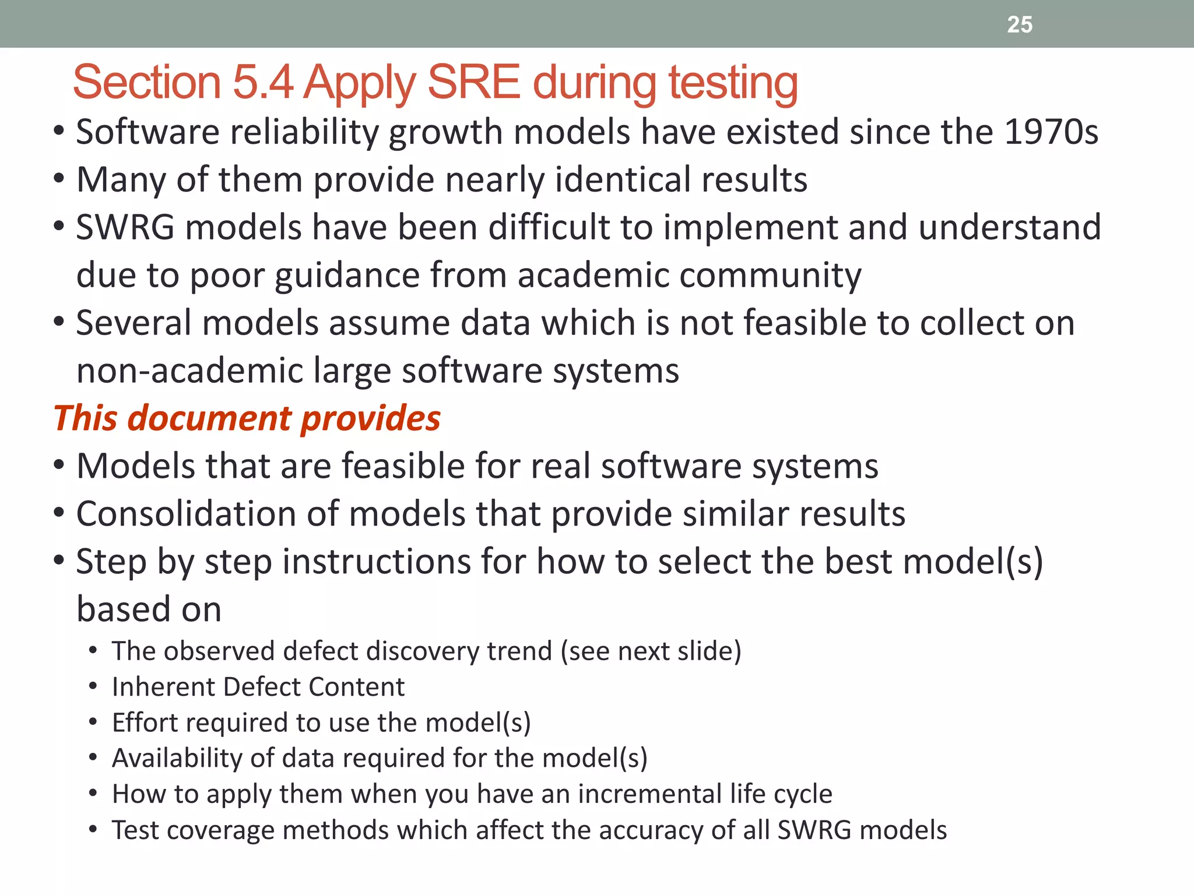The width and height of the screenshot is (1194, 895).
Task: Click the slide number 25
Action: tap(1020, 24)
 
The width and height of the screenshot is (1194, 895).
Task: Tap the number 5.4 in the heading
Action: tap(262, 83)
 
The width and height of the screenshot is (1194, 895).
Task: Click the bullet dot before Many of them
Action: tap(59, 179)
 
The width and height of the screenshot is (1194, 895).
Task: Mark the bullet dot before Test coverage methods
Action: tap(93, 830)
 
